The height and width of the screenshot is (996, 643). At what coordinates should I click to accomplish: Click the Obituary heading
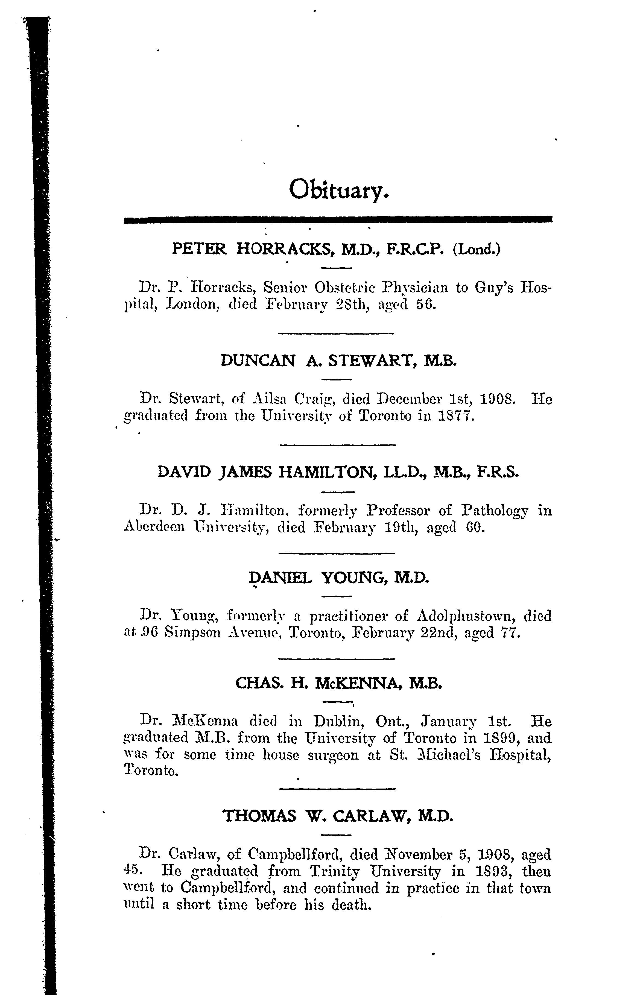[x=339, y=191]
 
